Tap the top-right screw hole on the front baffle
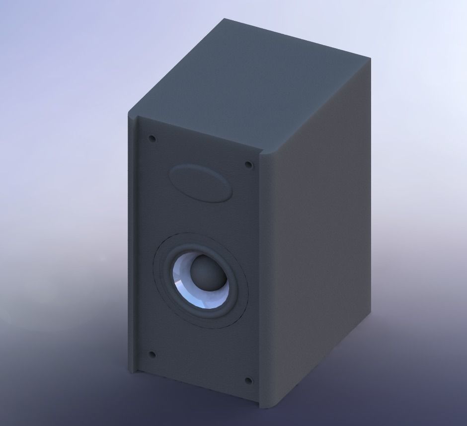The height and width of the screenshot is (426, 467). pos(247,165)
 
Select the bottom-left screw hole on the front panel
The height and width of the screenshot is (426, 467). pos(153,355)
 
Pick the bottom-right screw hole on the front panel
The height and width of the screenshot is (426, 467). pos(248,381)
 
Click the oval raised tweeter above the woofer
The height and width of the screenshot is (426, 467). pos(200,183)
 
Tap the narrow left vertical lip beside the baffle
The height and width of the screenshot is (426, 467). pos(132,248)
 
